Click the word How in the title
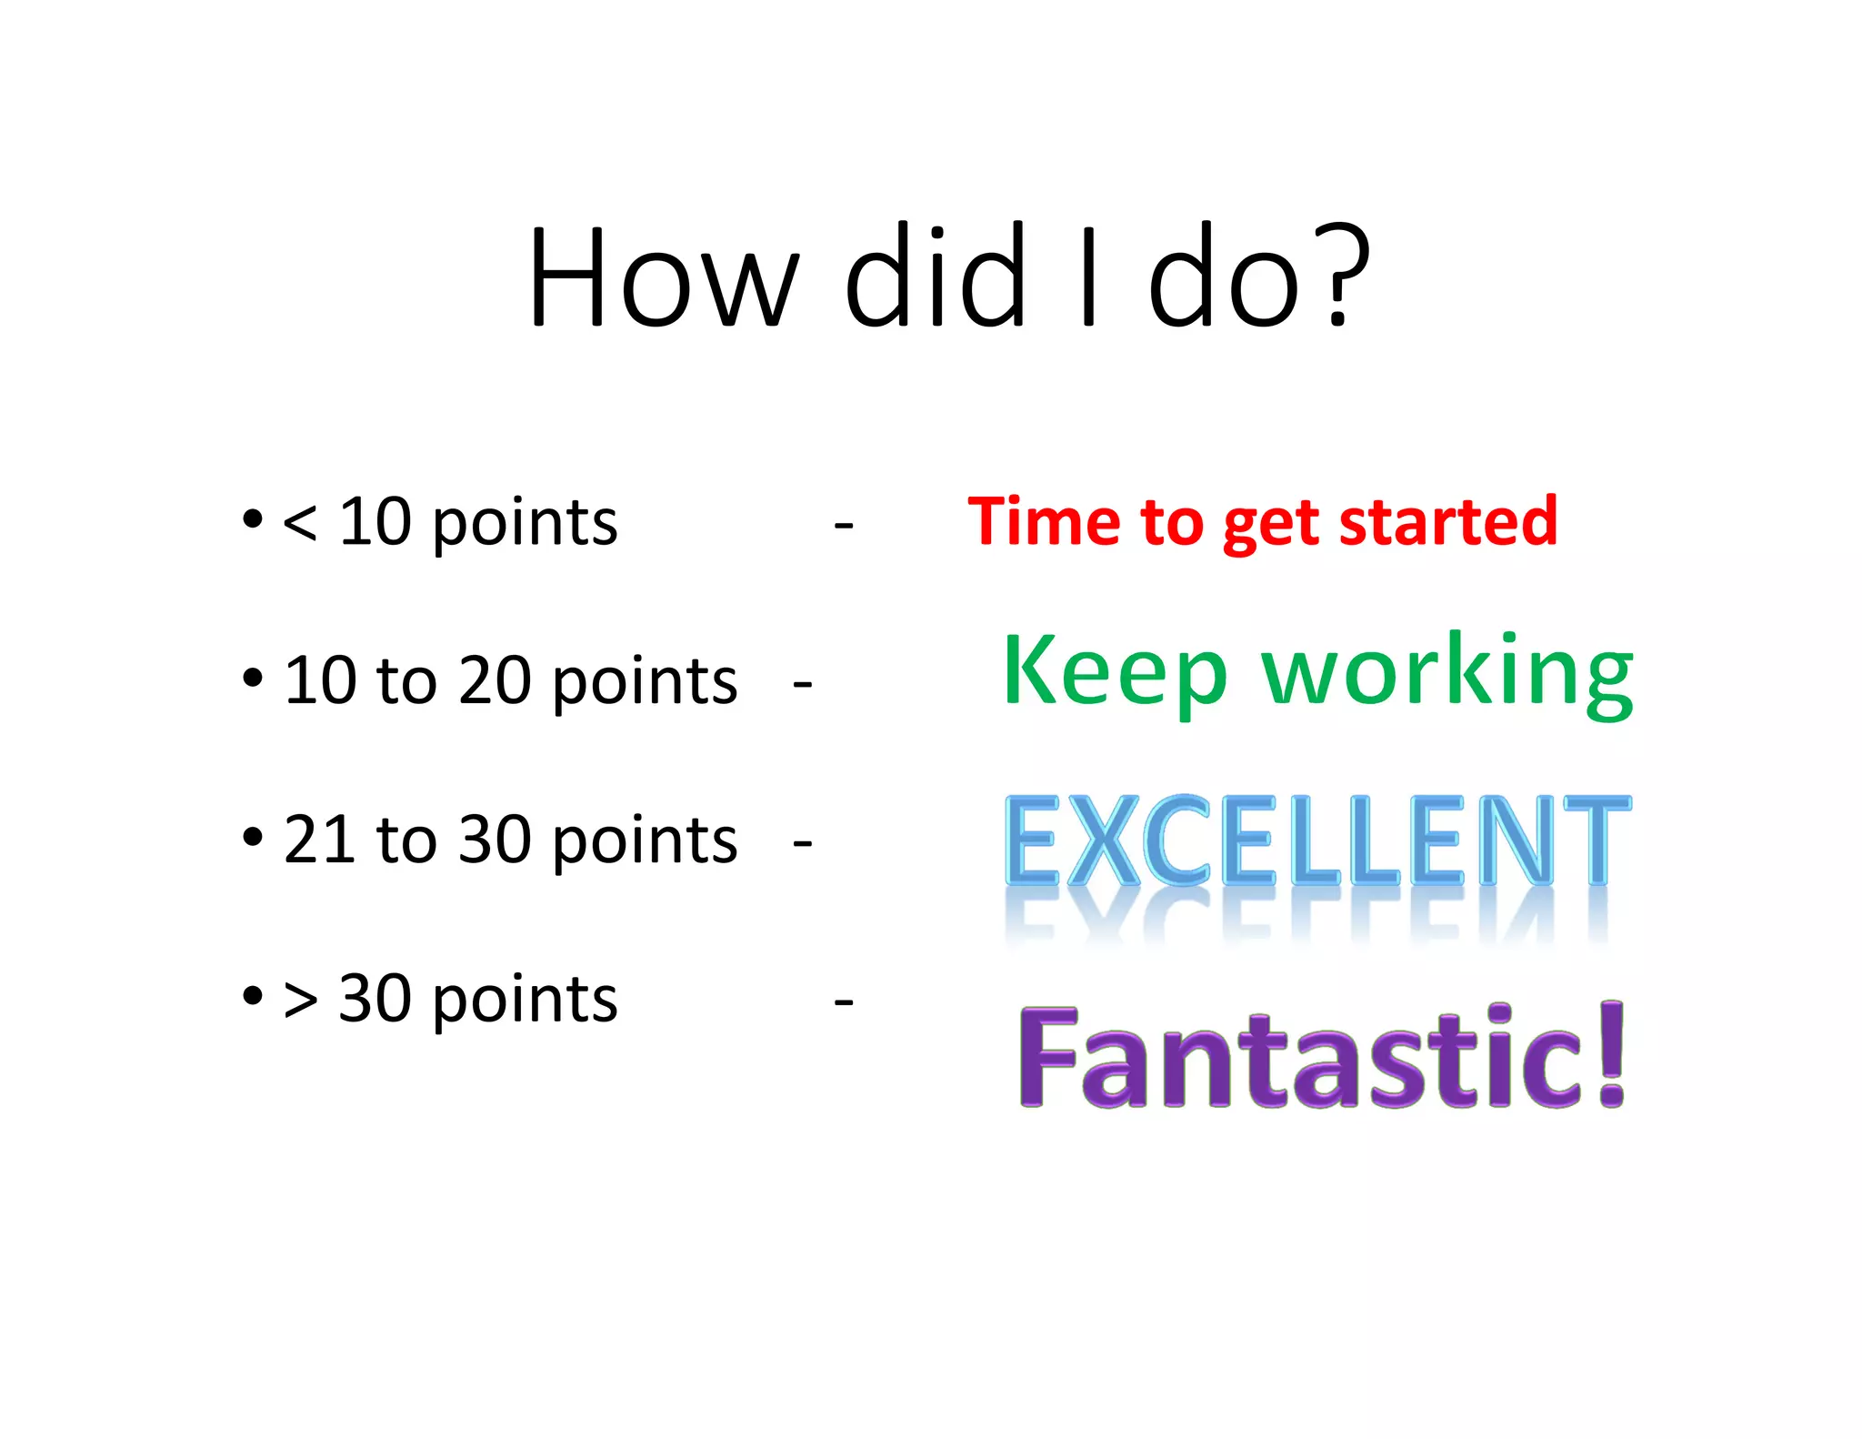[664, 277]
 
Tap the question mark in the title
[1345, 277]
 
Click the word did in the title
[936, 277]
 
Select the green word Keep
[1115, 673]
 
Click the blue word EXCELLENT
[1317, 841]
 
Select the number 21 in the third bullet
[319, 840]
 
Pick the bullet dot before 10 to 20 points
[253, 678]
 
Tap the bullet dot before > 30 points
[253, 996]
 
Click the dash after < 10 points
[843, 526]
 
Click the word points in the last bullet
[525, 1001]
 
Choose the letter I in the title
[1087, 277]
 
